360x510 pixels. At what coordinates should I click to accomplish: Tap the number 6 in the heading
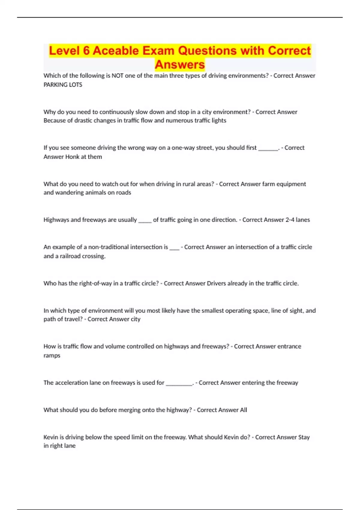(x=86, y=51)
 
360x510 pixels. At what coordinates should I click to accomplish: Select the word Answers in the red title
(x=180, y=64)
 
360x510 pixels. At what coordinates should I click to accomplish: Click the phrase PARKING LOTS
(x=63, y=85)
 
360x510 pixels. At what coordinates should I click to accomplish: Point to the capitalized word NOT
(x=117, y=76)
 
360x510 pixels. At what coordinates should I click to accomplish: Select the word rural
(x=184, y=184)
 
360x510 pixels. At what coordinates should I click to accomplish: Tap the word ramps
(x=52, y=355)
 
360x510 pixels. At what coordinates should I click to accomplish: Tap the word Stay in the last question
(x=304, y=437)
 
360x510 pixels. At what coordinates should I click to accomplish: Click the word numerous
(x=180, y=121)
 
